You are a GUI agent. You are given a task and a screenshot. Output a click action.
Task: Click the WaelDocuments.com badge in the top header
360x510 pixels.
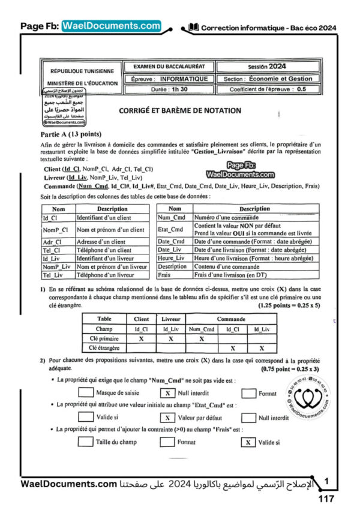click(x=111, y=26)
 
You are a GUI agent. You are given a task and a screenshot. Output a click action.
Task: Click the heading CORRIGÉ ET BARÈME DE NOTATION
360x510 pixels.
click(x=172, y=110)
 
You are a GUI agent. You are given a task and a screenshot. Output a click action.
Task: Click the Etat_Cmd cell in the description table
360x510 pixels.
click(x=170, y=229)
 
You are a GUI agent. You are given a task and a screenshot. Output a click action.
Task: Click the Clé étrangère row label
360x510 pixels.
click(x=104, y=347)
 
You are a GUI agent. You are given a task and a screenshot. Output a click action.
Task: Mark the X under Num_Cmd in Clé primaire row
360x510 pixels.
click(x=201, y=338)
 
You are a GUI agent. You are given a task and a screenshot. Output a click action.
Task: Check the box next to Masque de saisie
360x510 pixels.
click(x=86, y=393)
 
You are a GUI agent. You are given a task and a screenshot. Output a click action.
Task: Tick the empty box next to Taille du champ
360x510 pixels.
click(x=86, y=442)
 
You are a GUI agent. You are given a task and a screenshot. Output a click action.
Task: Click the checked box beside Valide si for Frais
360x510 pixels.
click(x=247, y=442)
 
